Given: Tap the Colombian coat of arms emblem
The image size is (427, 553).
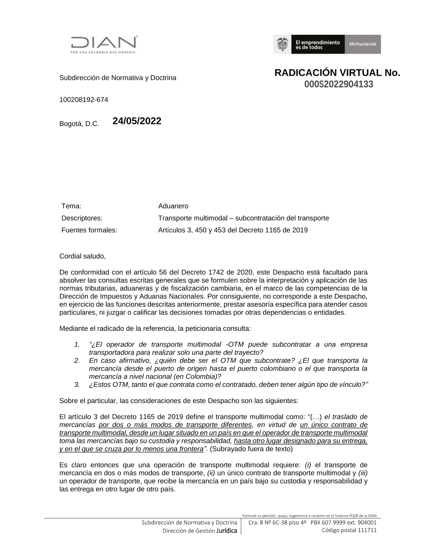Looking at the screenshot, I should click(x=282, y=44).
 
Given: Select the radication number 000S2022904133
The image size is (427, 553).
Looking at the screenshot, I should click(x=339, y=84).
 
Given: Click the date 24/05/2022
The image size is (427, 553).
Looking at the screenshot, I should click(x=137, y=121).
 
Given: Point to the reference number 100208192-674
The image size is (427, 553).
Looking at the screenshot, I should click(x=84, y=100).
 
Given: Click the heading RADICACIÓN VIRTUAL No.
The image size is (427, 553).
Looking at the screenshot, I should click(x=337, y=73).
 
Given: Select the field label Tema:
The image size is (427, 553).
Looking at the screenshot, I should click(x=71, y=206).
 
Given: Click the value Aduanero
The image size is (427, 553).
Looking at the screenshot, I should click(x=173, y=206).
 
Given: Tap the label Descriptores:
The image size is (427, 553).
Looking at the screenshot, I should click(x=82, y=218).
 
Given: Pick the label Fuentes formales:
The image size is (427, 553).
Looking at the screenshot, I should click(x=89, y=230).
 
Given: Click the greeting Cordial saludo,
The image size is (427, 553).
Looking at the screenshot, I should click(x=82, y=256).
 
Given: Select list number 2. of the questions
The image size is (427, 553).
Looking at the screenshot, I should click(x=77, y=360).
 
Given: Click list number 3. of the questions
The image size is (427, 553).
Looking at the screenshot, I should click(x=77, y=384).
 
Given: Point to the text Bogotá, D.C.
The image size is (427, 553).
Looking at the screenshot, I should click(x=79, y=124).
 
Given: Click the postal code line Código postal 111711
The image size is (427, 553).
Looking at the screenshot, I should click(x=349, y=530).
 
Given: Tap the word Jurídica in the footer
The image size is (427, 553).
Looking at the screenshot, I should click(x=227, y=531).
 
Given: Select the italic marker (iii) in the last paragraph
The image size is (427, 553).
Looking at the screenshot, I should click(x=363, y=473).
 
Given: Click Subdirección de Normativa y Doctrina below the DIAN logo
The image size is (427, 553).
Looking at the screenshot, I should click(x=117, y=78).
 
